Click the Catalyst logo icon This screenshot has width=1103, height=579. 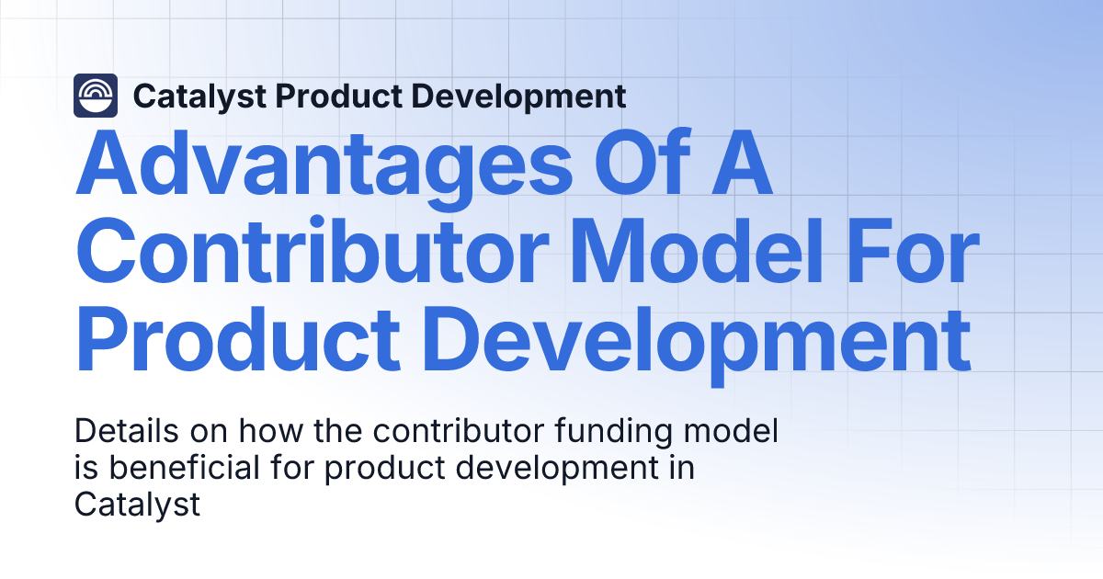point(96,96)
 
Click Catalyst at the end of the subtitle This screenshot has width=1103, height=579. point(137,505)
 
